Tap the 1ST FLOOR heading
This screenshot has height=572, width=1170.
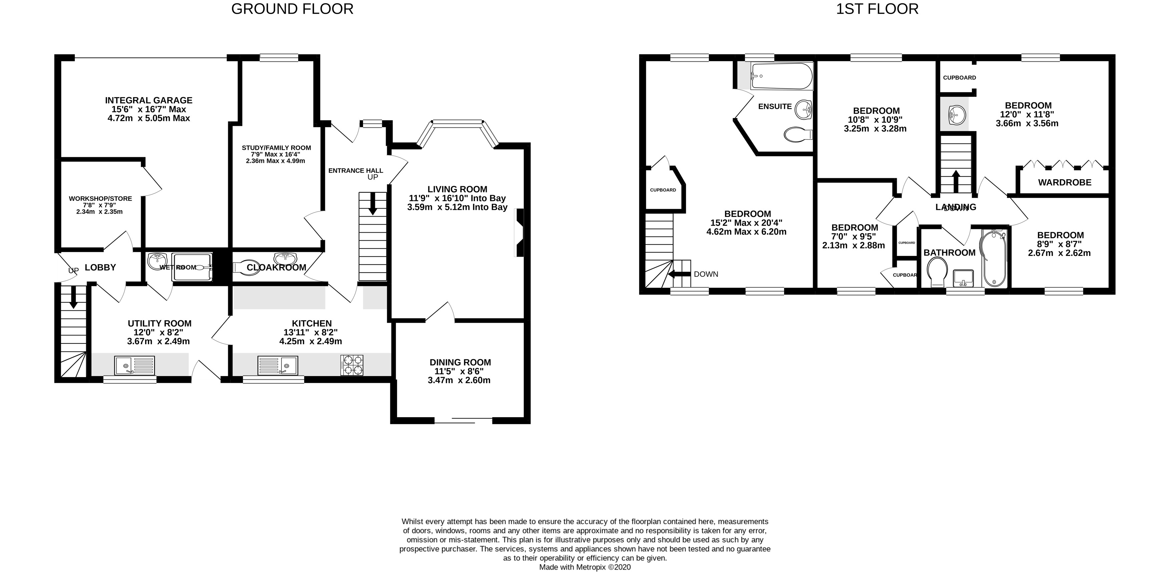pos(877,9)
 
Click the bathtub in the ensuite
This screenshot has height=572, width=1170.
pos(781,76)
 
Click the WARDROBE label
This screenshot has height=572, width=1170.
pos(1065,183)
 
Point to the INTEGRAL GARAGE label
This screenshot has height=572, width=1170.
pos(148,100)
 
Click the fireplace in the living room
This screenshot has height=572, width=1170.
pos(519,233)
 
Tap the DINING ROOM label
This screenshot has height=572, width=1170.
pos(460,362)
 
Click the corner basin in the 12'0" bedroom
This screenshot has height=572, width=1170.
pos(955,114)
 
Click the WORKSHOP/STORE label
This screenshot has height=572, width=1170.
pos(100,199)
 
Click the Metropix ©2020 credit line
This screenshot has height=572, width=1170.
pos(584,567)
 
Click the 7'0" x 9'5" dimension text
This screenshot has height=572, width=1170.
pos(853,237)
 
